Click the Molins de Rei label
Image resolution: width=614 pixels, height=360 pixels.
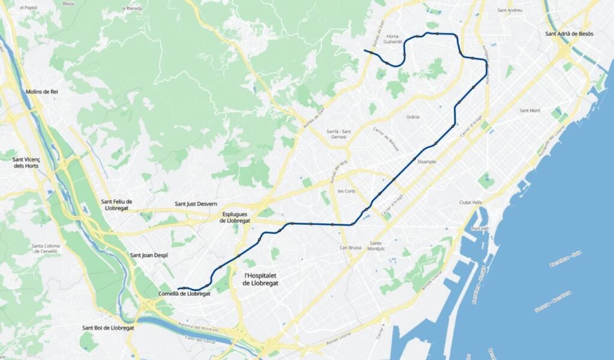coord(42,91)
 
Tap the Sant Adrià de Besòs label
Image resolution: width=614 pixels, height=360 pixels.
coord(569,34)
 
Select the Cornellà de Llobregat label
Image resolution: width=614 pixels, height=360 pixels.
coord(184,294)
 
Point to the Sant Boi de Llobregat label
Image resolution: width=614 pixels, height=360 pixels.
coord(108,328)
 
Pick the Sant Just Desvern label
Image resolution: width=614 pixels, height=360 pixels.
coord(196,204)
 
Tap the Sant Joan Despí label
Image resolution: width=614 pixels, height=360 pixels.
coord(149,256)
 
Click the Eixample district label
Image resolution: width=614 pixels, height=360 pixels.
coord(426,162)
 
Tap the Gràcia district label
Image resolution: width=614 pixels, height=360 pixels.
coord(413,117)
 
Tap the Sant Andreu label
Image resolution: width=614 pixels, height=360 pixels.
coord(510,10)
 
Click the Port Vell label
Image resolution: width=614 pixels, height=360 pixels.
coord(480,229)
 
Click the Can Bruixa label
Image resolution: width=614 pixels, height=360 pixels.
coord(352,247)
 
